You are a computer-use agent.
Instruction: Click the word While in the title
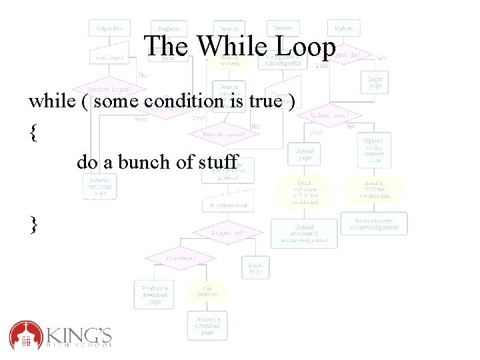[x=224, y=47]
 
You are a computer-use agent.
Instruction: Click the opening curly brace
[x=33, y=132]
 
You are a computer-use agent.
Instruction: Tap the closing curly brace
[x=33, y=224]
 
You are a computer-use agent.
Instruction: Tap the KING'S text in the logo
[x=79, y=332]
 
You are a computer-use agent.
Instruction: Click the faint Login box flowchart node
[x=109, y=28]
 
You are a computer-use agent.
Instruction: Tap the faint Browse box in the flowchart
[x=283, y=28]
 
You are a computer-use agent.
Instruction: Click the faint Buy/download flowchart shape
[x=228, y=205]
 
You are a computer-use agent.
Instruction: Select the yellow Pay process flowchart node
[x=207, y=290]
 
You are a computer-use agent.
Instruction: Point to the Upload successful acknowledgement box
[x=303, y=233]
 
